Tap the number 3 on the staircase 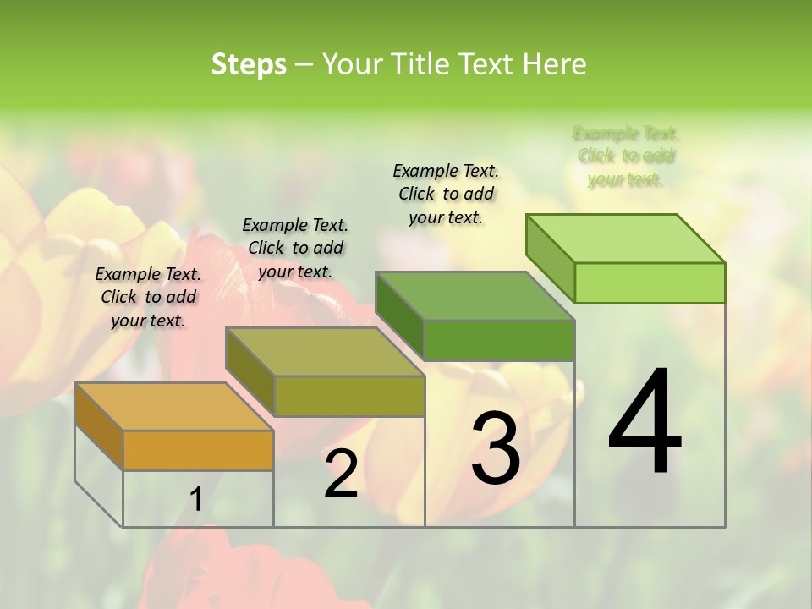495,447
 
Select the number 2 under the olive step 341,474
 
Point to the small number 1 196,500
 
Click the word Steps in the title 249,64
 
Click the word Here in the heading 555,64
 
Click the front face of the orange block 198,450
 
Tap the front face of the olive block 349,396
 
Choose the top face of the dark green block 475,296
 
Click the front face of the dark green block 499,341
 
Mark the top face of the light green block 626,238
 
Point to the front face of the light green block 650,283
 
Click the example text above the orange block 148,297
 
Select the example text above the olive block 295,248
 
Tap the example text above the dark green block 446,194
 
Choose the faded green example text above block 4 626,156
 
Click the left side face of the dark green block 399,315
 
